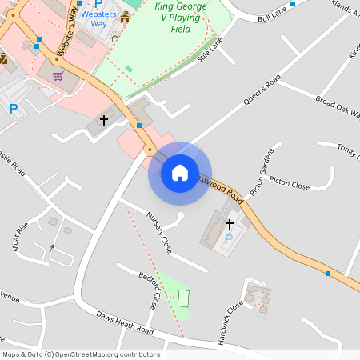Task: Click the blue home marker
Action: pyautogui.click(x=179, y=172)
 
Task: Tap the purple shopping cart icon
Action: pyautogui.click(x=58, y=77)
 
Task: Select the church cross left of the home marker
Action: pyautogui.click(x=103, y=121)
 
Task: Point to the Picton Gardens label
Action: pyautogui.click(x=262, y=171)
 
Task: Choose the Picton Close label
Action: pyautogui.click(x=290, y=186)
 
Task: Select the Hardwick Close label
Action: pyautogui.click(x=234, y=319)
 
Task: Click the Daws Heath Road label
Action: pyautogui.click(x=125, y=323)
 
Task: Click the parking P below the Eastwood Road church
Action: pyautogui.click(x=230, y=238)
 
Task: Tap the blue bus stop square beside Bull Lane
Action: pyautogui.click(x=293, y=4)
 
